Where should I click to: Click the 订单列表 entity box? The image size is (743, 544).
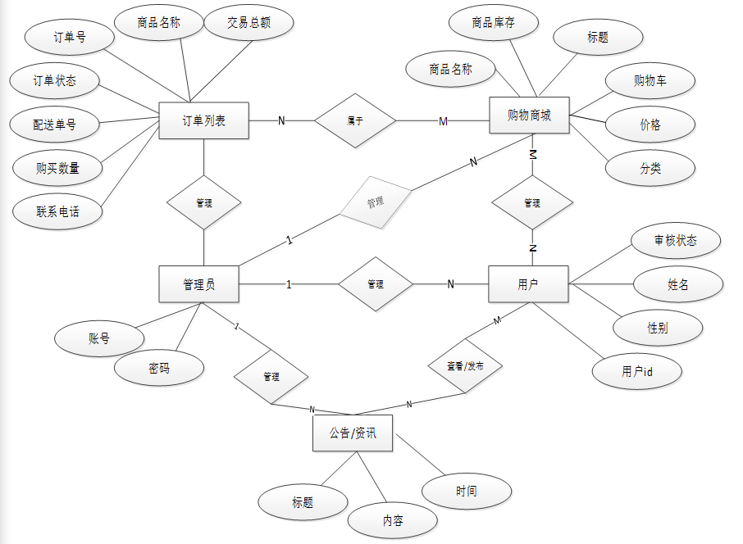(203, 121)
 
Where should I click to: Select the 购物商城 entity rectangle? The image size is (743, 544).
(529, 116)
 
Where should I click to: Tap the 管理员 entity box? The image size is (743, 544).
(198, 284)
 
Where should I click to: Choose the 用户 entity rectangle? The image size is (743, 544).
(528, 284)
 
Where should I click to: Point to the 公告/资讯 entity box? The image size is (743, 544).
(353, 433)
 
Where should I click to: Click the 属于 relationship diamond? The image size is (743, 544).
(355, 121)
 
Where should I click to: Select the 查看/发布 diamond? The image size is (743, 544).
(465, 366)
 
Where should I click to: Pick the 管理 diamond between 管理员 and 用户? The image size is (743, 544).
(376, 284)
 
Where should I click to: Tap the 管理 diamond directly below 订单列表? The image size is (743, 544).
(204, 202)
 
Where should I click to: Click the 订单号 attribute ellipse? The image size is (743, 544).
(69, 38)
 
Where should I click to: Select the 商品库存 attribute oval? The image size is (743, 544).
(494, 23)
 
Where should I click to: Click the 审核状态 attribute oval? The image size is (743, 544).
(675, 241)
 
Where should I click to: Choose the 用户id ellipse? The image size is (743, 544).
(636, 371)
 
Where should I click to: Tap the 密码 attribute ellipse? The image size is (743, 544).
(159, 369)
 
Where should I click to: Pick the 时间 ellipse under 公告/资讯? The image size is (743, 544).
(466, 491)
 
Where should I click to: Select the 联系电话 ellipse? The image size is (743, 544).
(58, 211)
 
